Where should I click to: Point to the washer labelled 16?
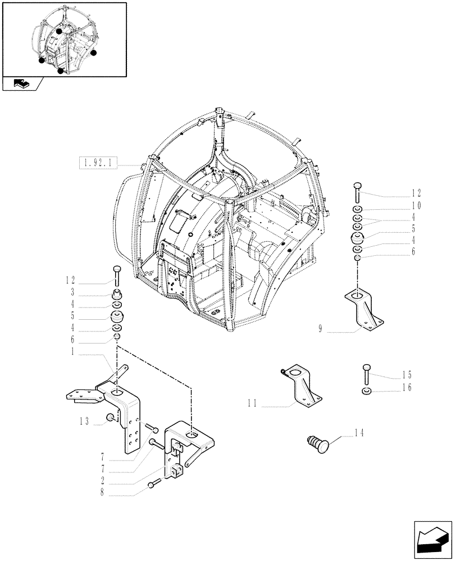(366, 390)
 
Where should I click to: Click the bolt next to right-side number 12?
(358, 193)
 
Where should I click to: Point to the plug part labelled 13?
(112, 417)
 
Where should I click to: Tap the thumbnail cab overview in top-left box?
(64, 39)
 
